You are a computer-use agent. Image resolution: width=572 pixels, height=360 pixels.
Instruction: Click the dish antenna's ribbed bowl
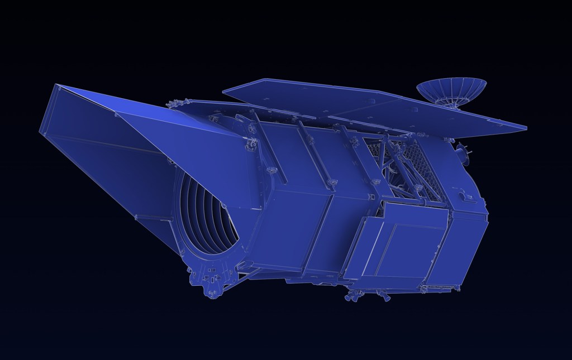tap(450, 89)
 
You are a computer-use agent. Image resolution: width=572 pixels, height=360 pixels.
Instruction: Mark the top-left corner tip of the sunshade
tap(56, 85)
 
